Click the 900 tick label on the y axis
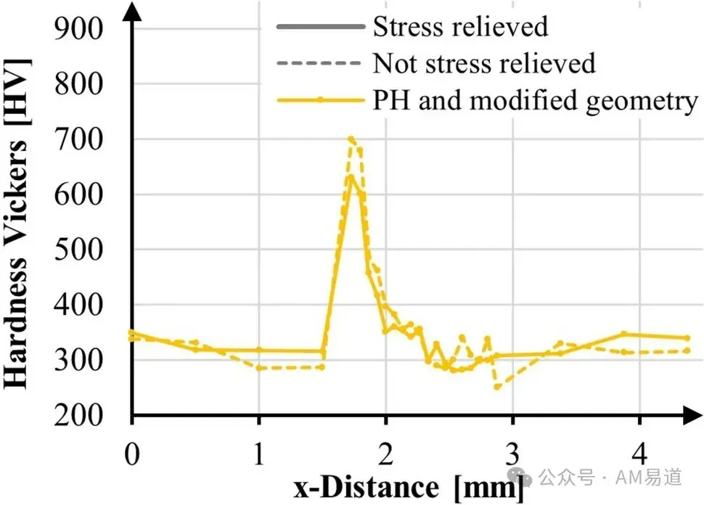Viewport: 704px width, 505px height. point(78,29)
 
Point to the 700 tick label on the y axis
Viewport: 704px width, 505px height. point(78,139)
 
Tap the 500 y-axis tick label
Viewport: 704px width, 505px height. point(78,250)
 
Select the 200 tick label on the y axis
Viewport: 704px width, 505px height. point(78,416)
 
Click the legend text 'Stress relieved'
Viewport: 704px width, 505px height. point(461,27)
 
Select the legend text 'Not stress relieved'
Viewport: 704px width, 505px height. point(484,63)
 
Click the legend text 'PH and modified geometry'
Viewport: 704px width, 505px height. point(535,101)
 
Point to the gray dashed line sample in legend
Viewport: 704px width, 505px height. point(319,63)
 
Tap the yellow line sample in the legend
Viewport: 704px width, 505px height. point(321,100)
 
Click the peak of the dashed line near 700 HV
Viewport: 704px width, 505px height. point(351,139)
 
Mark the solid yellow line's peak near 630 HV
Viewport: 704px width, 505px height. point(351,177)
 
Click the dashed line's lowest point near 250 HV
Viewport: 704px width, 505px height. point(496,387)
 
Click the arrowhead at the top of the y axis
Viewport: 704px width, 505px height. point(132,12)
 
